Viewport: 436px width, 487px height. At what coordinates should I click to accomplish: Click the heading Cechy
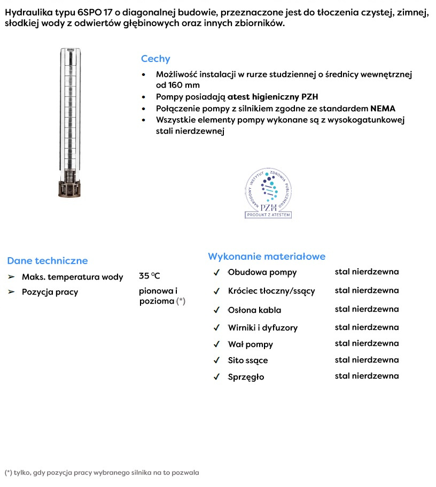(155, 59)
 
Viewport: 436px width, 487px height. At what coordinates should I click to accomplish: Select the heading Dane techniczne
(47, 261)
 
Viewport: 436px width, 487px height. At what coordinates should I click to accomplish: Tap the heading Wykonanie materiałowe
(267, 257)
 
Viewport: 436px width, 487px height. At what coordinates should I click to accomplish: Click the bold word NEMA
(383, 109)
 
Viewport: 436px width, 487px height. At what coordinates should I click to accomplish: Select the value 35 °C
(150, 276)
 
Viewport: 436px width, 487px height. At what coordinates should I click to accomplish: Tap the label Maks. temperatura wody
(72, 277)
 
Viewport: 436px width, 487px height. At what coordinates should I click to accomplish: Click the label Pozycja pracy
(50, 292)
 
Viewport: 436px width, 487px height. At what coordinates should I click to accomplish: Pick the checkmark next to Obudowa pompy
(217, 273)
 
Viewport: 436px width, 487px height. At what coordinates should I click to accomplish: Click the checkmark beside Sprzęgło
(217, 377)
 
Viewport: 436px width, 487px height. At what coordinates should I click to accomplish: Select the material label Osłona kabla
(254, 310)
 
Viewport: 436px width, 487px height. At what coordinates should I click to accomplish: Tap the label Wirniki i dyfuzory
(262, 328)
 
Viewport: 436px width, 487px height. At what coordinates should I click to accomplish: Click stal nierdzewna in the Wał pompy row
(367, 343)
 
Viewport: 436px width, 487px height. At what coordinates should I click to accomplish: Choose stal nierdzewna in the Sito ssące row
(367, 360)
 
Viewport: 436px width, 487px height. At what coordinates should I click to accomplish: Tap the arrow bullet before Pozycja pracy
(11, 292)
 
